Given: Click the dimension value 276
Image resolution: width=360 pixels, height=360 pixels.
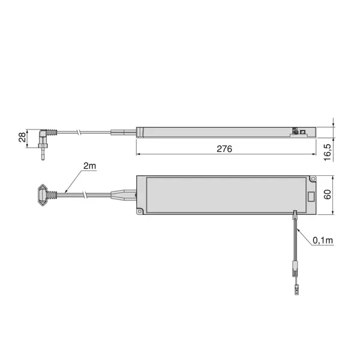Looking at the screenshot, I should click(224, 148).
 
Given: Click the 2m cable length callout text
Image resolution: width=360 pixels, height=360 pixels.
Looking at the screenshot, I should click(89, 166).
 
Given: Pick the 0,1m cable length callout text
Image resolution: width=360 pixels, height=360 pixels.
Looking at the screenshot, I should click(322, 241).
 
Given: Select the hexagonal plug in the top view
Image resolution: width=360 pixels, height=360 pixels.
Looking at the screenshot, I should click(41, 194).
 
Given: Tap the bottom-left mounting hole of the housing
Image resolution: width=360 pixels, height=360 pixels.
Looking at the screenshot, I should click(140, 211).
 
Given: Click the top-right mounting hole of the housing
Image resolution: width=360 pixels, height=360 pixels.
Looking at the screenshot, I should click(312, 178).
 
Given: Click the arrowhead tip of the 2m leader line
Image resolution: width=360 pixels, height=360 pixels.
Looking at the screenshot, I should click(67, 192).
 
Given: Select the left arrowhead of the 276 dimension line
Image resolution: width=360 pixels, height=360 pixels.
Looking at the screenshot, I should click(138, 154).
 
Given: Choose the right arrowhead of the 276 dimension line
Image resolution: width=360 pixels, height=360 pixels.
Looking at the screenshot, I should click(314, 154).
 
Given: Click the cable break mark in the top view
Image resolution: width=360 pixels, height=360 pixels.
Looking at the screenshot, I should click(86, 195).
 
